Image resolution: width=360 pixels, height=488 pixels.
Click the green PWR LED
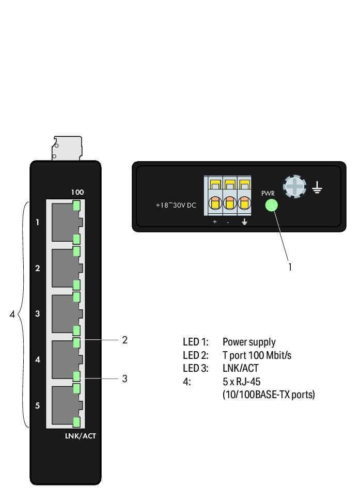coord(271,206)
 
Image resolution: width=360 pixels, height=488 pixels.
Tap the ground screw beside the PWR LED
coord(294,186)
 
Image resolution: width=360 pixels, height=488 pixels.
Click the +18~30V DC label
coord(176,206)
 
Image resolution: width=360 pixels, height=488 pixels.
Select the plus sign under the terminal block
coord(215,222)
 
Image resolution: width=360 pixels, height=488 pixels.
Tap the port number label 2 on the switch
coord(37,268)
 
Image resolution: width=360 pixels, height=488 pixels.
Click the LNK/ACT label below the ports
coord(80,436)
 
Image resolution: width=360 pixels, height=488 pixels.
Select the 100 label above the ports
coord(77,192)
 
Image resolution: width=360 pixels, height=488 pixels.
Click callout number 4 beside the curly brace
coord(12,314)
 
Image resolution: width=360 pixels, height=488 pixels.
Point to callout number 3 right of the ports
coord(124,379)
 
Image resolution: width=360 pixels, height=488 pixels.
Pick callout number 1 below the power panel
coord(290,267)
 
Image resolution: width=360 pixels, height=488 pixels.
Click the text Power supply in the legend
coord(248,342)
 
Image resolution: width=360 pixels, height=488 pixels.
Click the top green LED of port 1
coord(76,206)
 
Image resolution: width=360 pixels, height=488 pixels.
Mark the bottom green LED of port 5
coord(76,421)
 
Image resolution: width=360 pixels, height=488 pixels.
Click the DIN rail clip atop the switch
coord(67,148)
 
